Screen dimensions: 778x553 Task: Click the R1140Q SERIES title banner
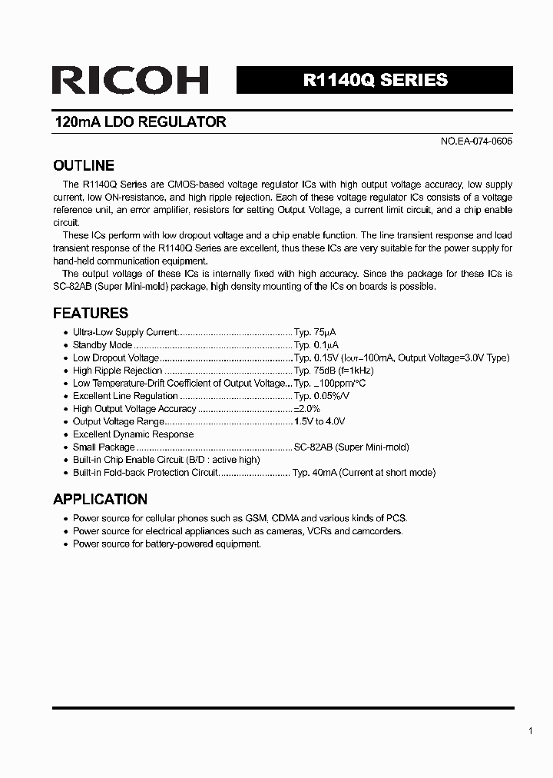tap(375, 80)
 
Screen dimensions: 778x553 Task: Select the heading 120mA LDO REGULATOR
tap(140, 122)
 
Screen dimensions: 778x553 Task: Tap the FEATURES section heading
tap(90, 313)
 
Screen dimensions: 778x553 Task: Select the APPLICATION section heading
tap(100, 499)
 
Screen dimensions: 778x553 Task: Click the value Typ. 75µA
tap(316, 332)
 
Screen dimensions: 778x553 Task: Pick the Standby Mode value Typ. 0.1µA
tap(316, 345)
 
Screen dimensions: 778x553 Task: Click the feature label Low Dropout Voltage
tap(115, 358)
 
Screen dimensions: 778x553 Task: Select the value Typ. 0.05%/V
tap(322, 396)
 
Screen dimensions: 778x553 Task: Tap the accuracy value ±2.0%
tap(306, 409)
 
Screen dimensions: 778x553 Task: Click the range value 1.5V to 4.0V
tap(320, 421)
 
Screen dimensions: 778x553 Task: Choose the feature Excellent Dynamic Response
tap(133, 434)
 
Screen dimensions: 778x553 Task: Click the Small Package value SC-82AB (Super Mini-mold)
tap(351, 447)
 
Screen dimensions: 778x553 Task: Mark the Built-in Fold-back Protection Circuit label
tap(145, 473)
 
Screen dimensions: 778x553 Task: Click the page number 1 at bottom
tap(530, 731)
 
